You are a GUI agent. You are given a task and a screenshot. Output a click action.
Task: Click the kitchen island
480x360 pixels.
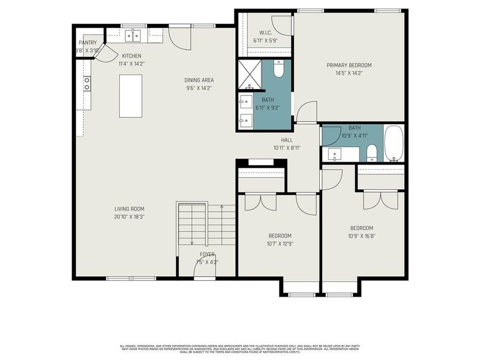click(x=131, y=96)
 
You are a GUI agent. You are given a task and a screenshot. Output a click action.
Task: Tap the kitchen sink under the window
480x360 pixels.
click(x=133, y=35)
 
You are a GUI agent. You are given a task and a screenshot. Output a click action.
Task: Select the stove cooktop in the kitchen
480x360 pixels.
click(x=86, y=83)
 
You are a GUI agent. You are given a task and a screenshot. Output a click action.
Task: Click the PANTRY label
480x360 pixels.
click(x=87, y=43)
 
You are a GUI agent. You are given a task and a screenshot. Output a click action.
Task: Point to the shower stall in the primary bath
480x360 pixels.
click(x=249, y=74)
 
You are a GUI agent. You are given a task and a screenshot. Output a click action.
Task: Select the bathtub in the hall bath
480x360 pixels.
click(x=394, y=143)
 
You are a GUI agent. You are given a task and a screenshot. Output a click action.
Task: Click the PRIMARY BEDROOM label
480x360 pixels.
click(x=349, y=66)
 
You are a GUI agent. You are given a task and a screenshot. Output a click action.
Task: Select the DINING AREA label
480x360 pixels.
click(x=199, y=81)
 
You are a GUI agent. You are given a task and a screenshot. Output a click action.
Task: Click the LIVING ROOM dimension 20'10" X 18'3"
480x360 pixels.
click(x=129, y=217)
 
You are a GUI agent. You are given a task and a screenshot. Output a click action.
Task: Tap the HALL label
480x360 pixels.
click(x=287, y=140)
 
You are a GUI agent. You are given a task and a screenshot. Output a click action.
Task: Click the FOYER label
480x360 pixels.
click(x=207, y=254)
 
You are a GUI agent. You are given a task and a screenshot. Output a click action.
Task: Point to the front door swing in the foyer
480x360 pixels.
click(x=205, y=271)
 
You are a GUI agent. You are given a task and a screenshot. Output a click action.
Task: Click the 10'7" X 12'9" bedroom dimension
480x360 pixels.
click(x=279, y=244)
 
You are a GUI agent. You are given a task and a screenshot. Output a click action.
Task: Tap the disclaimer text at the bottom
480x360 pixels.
click(x=239, y=349)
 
